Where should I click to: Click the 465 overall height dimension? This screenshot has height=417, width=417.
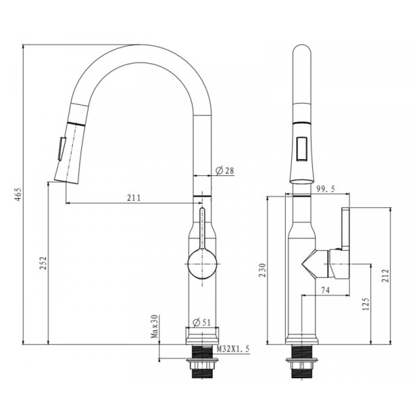pos(17,196)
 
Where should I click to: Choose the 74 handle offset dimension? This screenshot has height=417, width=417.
pos(325,291)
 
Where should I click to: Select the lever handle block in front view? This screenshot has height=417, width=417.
pos(345,229)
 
